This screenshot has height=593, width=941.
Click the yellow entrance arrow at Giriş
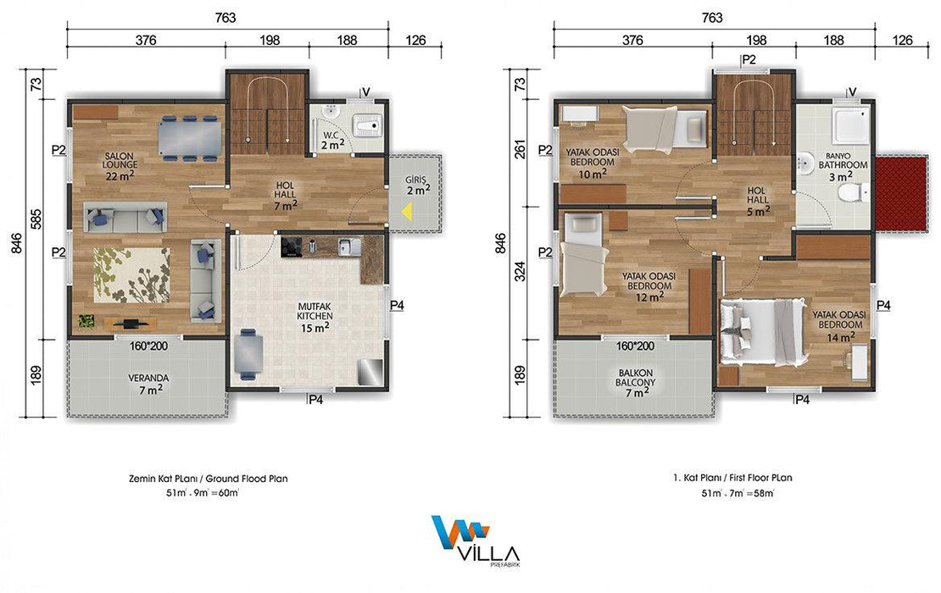tap(408, 212)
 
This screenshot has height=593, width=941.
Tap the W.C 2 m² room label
tap(332, 141)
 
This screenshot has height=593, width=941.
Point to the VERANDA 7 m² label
tap(148, 384)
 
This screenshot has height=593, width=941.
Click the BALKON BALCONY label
tap(636, 383)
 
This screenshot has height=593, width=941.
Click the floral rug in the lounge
tap(131, 275)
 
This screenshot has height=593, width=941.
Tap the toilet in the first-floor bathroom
tap(854, 192)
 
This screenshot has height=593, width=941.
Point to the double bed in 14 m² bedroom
tap(762, 332)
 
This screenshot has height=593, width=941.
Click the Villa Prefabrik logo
tap(475, 540)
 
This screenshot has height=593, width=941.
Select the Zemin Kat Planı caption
tap(209, 479)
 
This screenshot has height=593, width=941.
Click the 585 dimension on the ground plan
tap(36, 219)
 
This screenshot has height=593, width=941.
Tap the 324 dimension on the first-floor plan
tap(521, 271)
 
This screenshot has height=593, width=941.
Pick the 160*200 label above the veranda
tap(148, 346)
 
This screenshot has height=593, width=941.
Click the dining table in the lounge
tap(190, 138)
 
